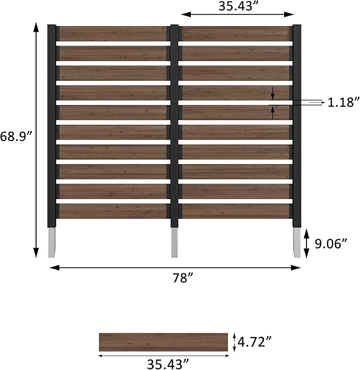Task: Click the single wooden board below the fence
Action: click(x=163, y=342)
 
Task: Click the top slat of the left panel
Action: click(x=112, y=34)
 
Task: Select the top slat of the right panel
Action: click(x=235, y=34)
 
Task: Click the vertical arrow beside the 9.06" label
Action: click(x=307, y=244)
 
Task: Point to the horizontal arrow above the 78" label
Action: click(x=175, y=268)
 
